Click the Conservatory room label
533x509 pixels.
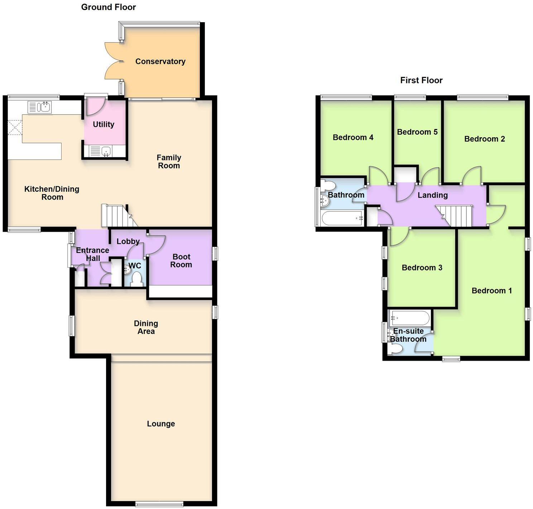(160, 61)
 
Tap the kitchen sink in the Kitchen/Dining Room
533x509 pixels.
(40, 107)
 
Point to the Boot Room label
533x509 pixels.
(181, 261)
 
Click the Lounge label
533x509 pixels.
(161, 424)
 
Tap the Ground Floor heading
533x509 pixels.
(109, 7)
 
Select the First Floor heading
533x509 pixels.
(421, 80)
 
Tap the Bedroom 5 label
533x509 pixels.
(417, 132)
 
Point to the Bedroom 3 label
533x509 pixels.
(422, 268)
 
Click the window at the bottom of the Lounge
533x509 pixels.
(159, 504)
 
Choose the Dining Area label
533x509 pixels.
(146, 327)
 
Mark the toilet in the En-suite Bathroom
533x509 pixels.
(395, 349)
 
